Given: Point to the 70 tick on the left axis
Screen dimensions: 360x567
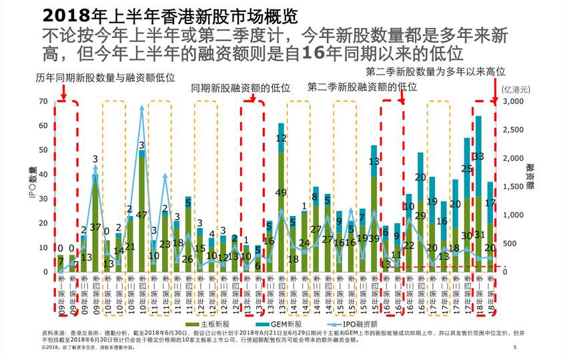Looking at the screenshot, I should [44, 101].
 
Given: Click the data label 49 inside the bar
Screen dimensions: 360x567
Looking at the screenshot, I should [281, 193].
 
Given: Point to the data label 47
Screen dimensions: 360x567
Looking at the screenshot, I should [141, 215].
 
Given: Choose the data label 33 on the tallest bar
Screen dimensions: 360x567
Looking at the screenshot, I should [478, 157].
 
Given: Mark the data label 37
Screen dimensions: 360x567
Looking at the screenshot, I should [95, 228].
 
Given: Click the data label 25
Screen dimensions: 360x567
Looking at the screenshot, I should [467, 169].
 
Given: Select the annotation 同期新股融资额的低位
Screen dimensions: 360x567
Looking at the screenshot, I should [240, 88].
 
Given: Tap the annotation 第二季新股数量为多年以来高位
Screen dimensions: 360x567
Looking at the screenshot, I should [436, 71].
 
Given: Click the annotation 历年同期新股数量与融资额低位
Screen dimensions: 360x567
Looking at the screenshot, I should [105, 78].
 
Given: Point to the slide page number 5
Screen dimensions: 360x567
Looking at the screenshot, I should [515, 348].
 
